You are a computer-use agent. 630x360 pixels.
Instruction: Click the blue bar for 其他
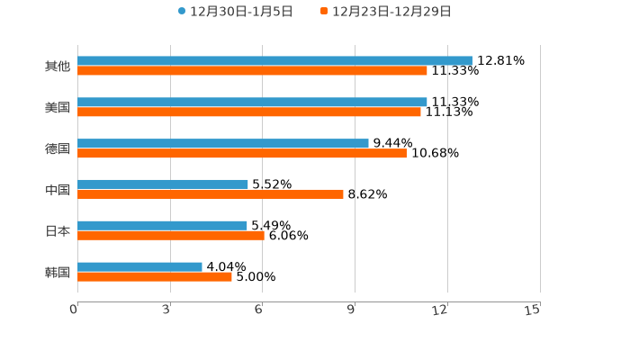point(274,60)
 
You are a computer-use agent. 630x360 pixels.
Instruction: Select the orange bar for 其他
point(252,70)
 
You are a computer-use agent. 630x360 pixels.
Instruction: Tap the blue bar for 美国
point(252,102)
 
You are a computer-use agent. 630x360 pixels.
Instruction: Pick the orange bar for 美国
point(249,112)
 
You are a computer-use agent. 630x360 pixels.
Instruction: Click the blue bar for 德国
point(223,143)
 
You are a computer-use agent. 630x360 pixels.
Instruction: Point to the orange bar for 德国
point(242,153)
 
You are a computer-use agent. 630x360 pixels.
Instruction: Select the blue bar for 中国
point(163,184)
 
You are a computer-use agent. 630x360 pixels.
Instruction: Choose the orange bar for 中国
point(211,193)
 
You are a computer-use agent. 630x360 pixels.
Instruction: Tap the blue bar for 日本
point(162,225)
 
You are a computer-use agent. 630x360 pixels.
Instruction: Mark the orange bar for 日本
point(171,235)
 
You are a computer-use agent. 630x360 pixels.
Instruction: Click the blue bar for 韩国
point(139,266)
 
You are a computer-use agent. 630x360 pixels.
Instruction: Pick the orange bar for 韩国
point(155,276)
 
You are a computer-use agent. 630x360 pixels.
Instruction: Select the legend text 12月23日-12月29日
point(391,12)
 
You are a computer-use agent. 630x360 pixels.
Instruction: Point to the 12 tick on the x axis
point(440,310)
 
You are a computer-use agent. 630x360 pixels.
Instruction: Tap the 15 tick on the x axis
point(533,310)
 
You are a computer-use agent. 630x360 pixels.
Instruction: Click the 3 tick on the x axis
point(167,310)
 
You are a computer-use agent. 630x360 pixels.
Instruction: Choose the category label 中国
point(58,190)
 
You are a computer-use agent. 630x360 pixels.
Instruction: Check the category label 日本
point(58,230)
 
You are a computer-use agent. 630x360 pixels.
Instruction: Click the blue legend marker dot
point(182,12)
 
